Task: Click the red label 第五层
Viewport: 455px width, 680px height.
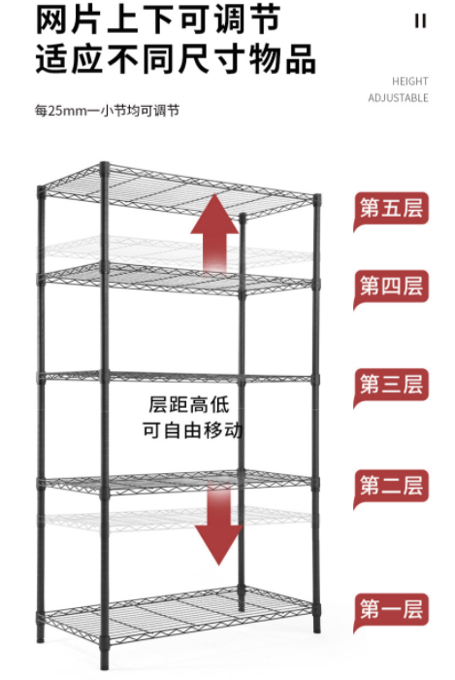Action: (391, 210)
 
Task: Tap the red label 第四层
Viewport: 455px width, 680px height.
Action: (391, 288)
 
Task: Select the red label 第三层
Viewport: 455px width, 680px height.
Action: (391, 386)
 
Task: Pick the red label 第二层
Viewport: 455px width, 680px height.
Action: (391, 486)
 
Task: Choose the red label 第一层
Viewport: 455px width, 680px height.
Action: (391, 610)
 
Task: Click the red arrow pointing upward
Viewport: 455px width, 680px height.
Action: (214, 234)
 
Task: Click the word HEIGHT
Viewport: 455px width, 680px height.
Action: (410, 81)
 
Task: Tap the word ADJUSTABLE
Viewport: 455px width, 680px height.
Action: (398, 98)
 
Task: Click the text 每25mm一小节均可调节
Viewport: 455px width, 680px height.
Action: (107, 111)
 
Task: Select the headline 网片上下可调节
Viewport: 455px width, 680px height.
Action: (157, 19)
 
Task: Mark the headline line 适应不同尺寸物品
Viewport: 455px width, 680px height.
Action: (176, 58)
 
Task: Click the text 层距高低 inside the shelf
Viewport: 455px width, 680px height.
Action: (189, 405)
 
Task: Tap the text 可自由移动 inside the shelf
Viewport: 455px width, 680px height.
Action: (192, 430)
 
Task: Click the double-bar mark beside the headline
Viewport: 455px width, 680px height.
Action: (420, 20)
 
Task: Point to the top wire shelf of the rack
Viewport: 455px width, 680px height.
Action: (178, 190)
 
